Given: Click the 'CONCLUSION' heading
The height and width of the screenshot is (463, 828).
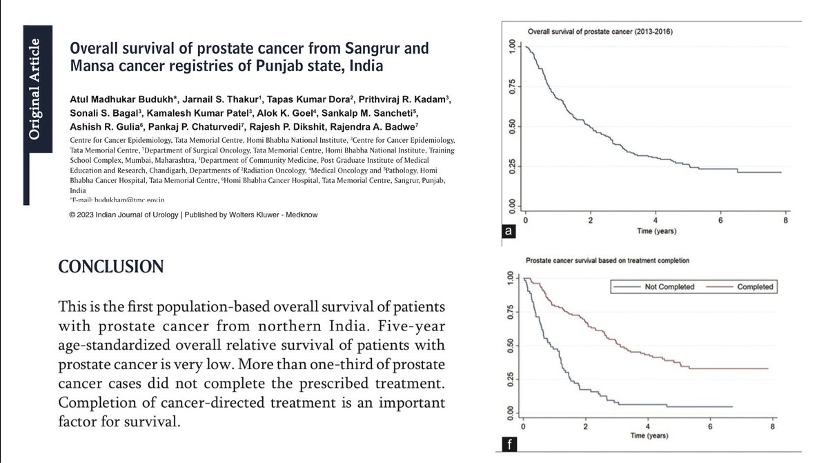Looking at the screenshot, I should coord(111,266).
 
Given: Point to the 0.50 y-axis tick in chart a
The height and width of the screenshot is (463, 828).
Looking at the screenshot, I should coord(511,126).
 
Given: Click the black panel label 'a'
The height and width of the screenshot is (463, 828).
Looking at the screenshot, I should coord(508,233).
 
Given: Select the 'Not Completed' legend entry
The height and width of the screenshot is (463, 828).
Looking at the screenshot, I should coord(668,286).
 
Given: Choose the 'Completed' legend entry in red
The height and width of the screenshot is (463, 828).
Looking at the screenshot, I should coord(754,286).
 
